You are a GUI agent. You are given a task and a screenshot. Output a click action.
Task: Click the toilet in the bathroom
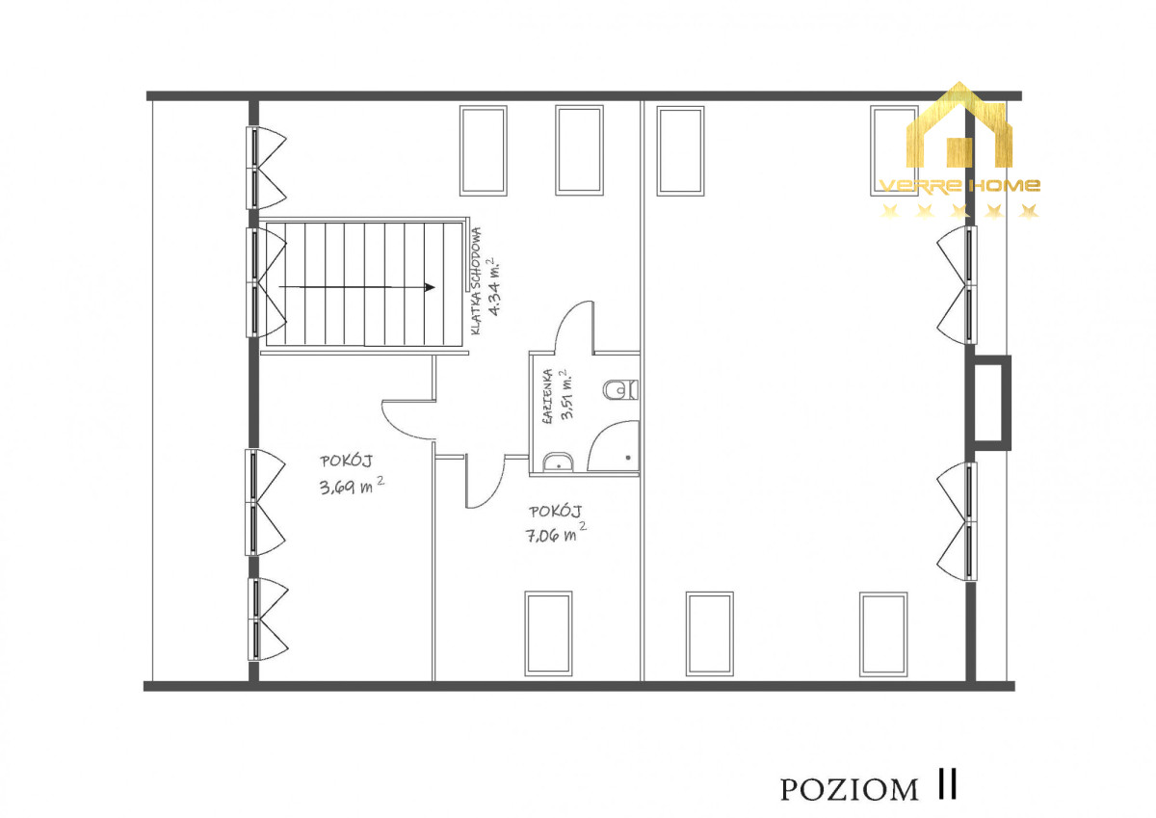pos(620,389)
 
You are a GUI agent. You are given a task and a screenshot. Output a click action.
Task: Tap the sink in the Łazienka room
pos(558,462)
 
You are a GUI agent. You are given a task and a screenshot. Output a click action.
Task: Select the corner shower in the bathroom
pos(613,446)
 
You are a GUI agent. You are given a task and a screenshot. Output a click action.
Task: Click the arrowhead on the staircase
pos(430,287)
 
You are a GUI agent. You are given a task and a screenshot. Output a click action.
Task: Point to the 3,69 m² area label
pos(352,486)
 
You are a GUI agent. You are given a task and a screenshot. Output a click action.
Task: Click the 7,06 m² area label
pos(556,533)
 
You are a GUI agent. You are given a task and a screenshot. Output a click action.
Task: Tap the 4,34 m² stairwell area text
pos(494,285)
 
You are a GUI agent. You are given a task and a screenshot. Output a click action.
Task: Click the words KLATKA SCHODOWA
pos(476,281)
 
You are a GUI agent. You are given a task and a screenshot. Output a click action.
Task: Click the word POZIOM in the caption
pos(849,790)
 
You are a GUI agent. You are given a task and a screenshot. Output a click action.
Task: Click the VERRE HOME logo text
pos(959,185)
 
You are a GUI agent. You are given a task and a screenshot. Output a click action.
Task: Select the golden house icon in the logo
pos(959,124)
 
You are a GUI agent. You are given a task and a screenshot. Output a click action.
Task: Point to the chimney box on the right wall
pos(989,403)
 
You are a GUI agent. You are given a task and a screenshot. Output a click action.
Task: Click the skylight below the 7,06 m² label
pos(548,633)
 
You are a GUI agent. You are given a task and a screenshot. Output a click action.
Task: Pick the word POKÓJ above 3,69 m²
pos(346,461)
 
